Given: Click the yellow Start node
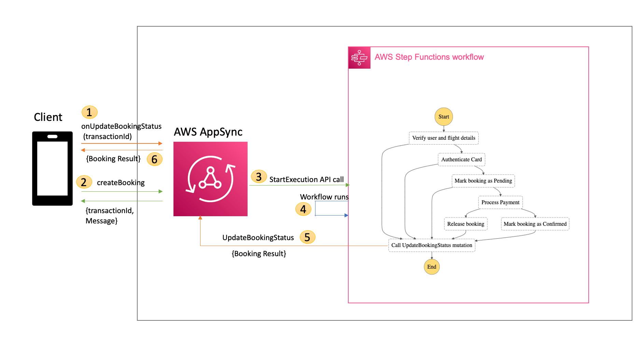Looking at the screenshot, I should pos(444,117).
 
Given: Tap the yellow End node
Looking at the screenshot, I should pos(432,267).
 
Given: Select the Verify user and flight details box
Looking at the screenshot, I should pos(444,138).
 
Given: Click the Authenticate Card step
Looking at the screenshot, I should pos(461,160).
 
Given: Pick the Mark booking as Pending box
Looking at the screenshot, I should pos(483,181).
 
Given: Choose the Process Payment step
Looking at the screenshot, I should pos(500,202).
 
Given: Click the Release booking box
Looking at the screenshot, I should pos(465,224).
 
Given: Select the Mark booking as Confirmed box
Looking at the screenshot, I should pos(535,224).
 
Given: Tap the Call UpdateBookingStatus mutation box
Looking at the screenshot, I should pos(432,245).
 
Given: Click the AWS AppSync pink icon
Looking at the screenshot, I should pos(210,179).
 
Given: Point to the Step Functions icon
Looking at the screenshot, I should pos(359,58).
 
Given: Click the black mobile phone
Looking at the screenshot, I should pos(52,168).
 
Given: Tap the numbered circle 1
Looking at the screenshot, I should pos(89,112).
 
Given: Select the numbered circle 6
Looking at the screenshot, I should pos(154,159).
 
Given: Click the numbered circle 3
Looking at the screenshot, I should pos(258,177).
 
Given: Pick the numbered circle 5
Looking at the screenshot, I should pos(307,237).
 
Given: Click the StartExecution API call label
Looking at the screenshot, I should pos(306,180).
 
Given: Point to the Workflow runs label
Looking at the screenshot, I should pos(324,197).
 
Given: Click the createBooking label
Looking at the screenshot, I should pos(121,183).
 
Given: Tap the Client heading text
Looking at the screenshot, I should pos(48,117).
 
